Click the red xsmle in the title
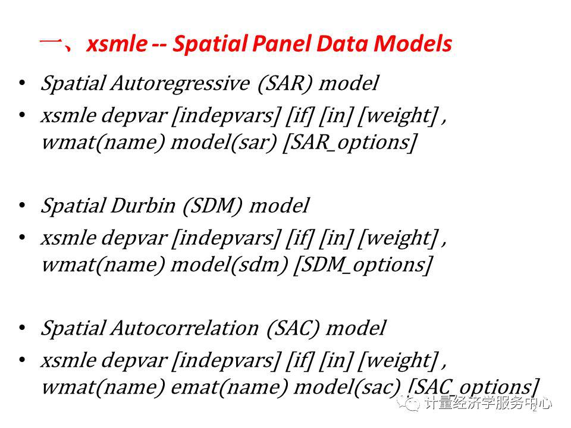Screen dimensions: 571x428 coord(117,43)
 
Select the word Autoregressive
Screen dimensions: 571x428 coord(181,83)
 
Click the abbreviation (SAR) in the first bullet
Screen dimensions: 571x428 coord(285,83)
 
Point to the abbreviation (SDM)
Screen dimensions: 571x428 coord(212,206)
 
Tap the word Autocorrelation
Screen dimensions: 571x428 coord(185,328)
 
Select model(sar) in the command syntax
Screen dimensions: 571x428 coord(224,141)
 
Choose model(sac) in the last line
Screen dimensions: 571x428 coord(347,386)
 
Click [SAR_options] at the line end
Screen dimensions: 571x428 coord(350,142)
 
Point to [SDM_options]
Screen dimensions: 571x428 coord(363,265)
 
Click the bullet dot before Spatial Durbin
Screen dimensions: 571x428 coord(22,206)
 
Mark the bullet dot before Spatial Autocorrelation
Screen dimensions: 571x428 coord(22,328)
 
